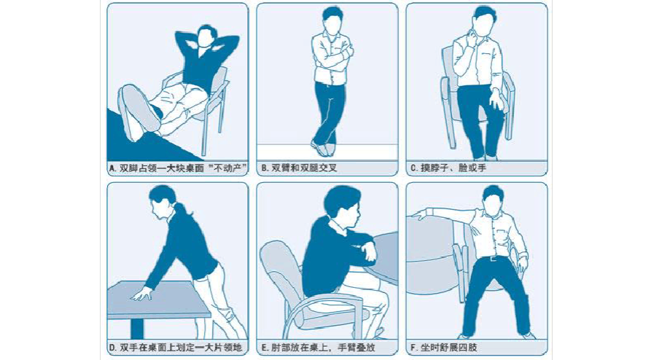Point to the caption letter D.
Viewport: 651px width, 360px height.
pyautogui.click(x=112, y=348)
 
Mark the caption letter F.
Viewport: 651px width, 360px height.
pyautogui.click(x=413, y=348)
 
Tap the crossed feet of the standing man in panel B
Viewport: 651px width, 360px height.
pyautogui.click(x=324, y=146)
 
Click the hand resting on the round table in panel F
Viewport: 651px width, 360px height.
pyautogui.click(x=418, y=215)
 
